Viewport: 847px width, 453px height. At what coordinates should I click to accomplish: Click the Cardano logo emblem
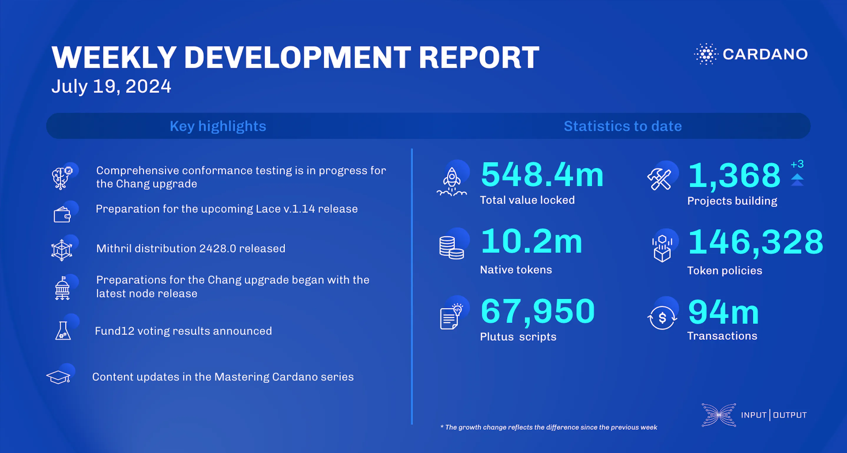706,54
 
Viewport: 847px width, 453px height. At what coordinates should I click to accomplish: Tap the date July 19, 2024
111,86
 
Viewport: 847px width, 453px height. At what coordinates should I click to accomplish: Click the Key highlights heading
218,126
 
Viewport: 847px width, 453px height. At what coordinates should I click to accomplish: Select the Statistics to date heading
622,126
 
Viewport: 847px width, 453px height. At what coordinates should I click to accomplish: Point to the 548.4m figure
542,175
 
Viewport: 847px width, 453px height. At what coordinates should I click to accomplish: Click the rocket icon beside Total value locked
451,181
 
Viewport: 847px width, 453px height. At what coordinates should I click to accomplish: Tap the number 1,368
734,176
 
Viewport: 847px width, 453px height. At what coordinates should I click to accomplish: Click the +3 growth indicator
797,164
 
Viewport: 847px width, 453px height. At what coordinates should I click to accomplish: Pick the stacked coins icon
451,248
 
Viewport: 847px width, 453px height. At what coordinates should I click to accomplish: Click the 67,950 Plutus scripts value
538,311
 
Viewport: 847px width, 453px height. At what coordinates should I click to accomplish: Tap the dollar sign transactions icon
662,318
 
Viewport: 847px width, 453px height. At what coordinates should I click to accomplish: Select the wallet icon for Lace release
62,215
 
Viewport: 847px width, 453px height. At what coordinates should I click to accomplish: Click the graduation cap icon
59,377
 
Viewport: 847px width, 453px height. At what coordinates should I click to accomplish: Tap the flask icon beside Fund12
63,331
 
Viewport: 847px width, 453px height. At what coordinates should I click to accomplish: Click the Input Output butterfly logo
719,415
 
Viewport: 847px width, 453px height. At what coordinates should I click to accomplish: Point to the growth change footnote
549,427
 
